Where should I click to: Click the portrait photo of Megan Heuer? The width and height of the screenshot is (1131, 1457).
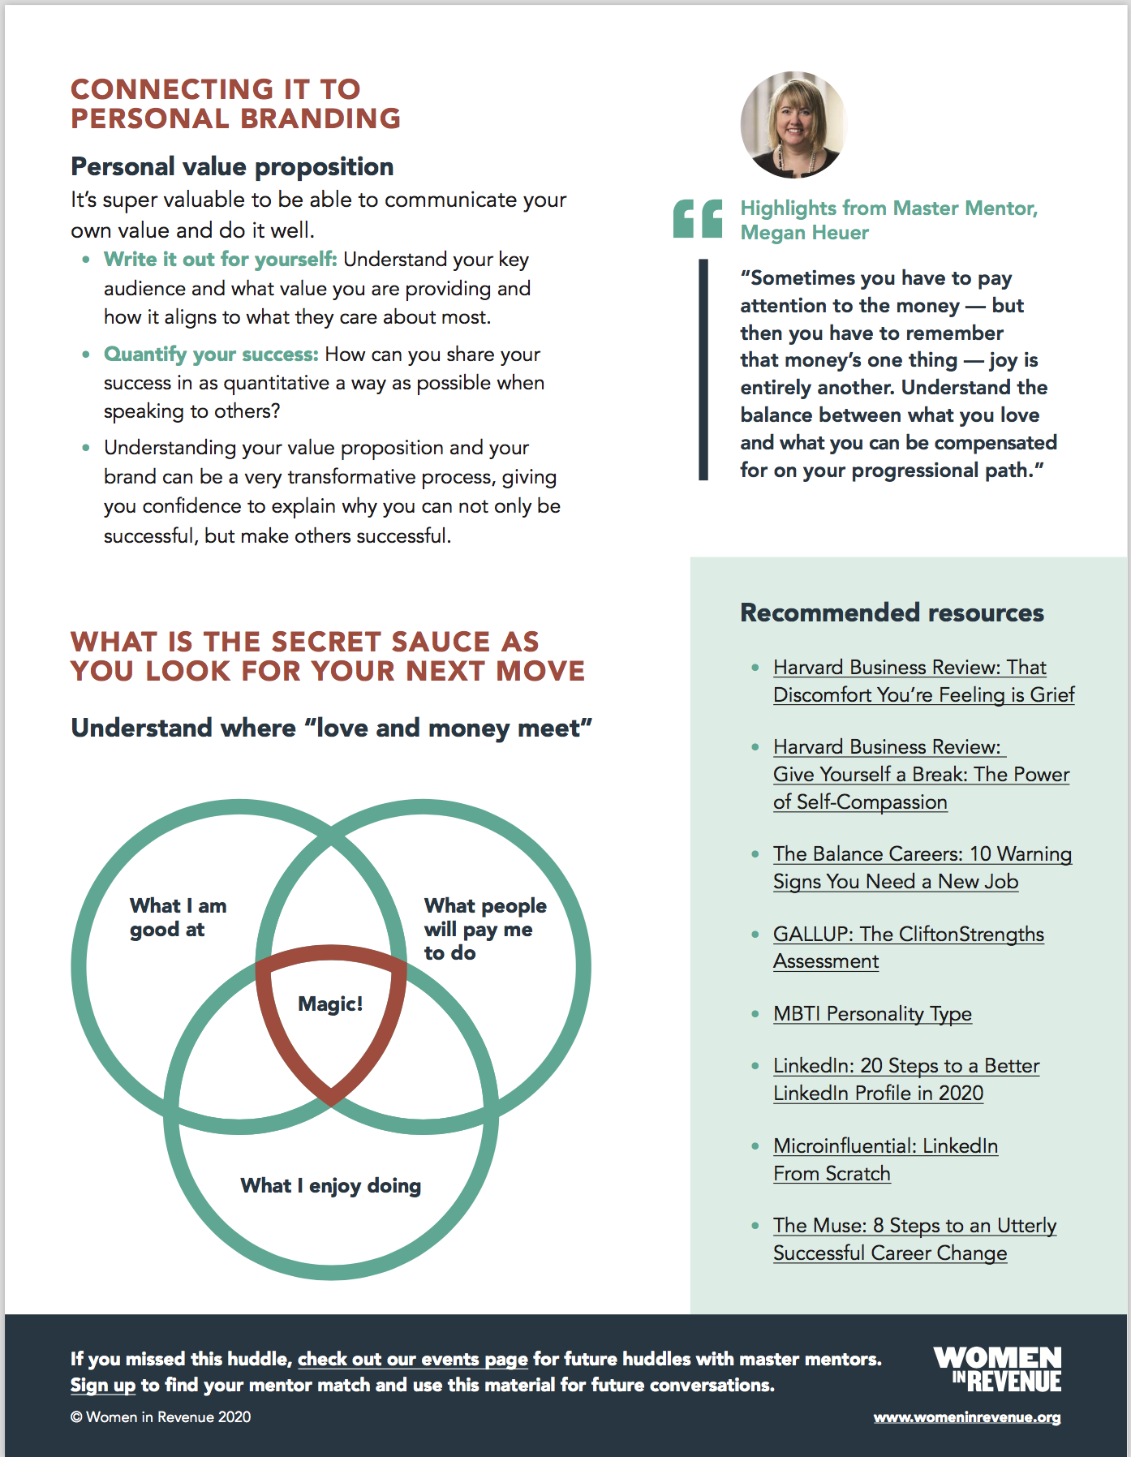pyautogui.click(x=793, y=125)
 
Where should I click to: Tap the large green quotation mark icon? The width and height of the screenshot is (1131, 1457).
pyautogui.click(x=697, y=219)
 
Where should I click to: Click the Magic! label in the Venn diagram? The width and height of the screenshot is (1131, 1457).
pyautogui.click(x=330, y=1004)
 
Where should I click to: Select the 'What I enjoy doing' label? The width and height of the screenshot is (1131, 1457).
pyautogui.click(x=330, y=1186)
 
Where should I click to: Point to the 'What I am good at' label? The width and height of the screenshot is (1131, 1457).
pyautogui.click(x=178, y=918)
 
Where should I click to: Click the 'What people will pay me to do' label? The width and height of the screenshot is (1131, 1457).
pyautogui.click(x=484, y=929)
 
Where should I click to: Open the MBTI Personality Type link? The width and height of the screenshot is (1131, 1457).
pyautogui.click(x=872, y=1014)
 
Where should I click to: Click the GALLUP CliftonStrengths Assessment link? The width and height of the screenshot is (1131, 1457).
pyautogui.click(x=908, y=948)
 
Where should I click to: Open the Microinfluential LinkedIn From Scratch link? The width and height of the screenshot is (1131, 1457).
pyautogui.click(x=885, y=1159)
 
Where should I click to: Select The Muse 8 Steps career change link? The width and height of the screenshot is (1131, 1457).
pyautogui.click(x=914, y=1239)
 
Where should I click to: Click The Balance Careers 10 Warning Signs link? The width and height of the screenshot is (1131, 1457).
pyautogui.click(x=922, y=867)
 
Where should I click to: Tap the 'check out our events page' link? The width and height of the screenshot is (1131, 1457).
pyautogui.click(x=412, y=1359)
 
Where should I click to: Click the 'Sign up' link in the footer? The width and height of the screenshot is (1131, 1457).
pyautogui.click(x=102, y=1385)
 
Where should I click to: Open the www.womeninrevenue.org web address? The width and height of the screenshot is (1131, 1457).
pyautogui.click(x=966, y=1417)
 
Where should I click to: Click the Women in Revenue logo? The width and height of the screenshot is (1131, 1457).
pyautogui.click(x=997, y=1369)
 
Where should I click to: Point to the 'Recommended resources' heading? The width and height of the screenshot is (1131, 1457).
pyautogui.click(x=892, y=612)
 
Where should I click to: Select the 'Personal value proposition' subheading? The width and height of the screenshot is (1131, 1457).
pyautogui.click(x=232, y=166)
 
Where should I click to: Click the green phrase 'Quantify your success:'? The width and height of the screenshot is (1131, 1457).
pyautogui.click(x=211, y=355)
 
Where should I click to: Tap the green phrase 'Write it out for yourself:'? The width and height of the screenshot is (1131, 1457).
pyautogui.click(x=220, y=260)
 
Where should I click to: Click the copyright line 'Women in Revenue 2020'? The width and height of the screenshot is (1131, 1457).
pyautogui.click(x=161, y=1417)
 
